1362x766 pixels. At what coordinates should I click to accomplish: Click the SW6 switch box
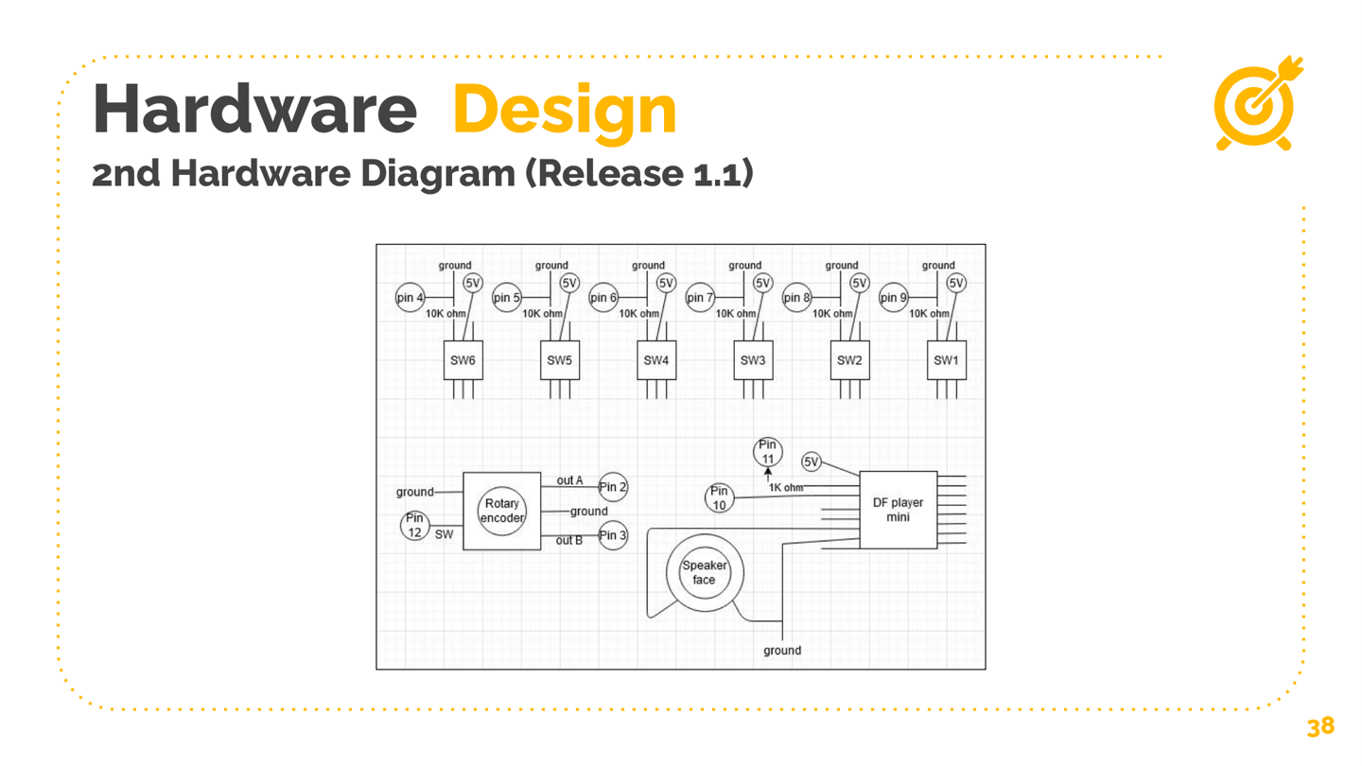pyautogui.click(x=463, y=360)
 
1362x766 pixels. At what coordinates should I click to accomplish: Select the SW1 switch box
pyautogui.click(x=946, y=360)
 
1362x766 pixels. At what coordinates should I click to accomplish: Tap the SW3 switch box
pyautogui.click(x=753, y=360)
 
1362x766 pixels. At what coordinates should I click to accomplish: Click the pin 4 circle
pyautogui.click(x=410, y=297)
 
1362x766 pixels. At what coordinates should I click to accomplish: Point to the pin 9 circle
pyautogui.click(x=893, y=297)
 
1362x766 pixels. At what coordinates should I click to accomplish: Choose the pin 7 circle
pyautogui.click(x=700, y=297)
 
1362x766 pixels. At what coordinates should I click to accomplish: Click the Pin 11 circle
pyautogui.click(x=767, y=452)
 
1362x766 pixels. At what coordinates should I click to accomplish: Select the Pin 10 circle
pyautogui.click(x=719, y=497)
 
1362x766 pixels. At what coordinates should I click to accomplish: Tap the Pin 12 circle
pyautogui.click(x=414, y=525)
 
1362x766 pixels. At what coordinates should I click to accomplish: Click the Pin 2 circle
pyautogui.click(x=613, y=487)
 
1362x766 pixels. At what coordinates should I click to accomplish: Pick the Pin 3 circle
pyautogui.click(x=613, y=535)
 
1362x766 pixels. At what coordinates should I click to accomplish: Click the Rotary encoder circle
pyautogui.click(x=501, y=512)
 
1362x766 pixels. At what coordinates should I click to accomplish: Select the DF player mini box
pyautogui.click(x=899, y=510)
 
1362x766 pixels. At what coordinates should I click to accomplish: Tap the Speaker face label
pyautogui.click(x=704, y=573)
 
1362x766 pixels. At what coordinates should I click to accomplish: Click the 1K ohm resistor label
pyautogui.click(x=786, y=488)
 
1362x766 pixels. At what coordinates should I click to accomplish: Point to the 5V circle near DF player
pyautogui.click(x=812, y=462)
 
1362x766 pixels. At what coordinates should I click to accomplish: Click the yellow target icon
pyautogui.click(x=1258, y=103)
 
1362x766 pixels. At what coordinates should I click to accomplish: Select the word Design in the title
pyautogui.click(x=565, y=111)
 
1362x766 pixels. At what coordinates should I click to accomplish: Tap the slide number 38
pyautogui.click(x=1320, y=726)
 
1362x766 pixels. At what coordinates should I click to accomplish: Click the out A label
pyautogui.click(x=569, y=480)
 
